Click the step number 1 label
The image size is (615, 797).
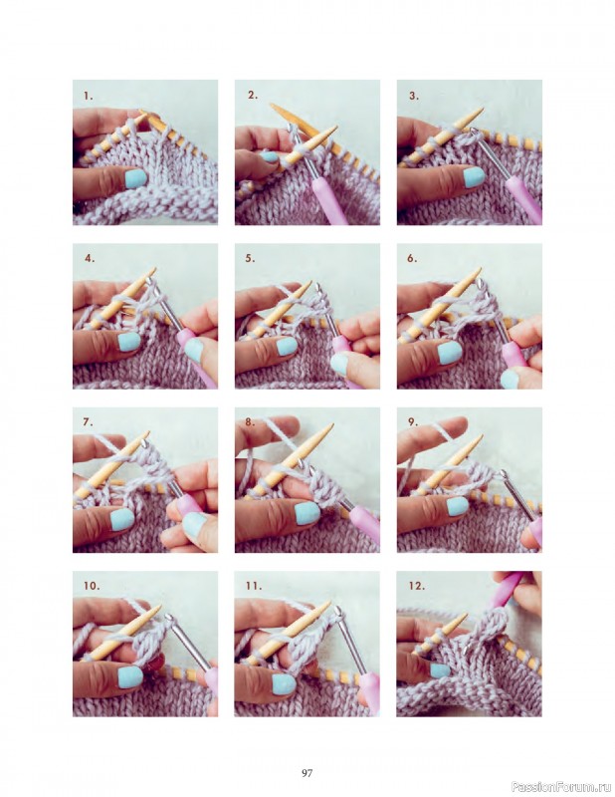click(x=89, y=96)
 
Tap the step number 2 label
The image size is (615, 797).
click(x=253, y=96)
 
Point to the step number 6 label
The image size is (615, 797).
click(x=412, y=258)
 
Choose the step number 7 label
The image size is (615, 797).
click(x=90, y=422)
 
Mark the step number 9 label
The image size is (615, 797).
click(x=412, y=422)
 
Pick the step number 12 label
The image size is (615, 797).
click(x=416, y=587)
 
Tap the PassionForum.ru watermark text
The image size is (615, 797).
click(x=560, y=786)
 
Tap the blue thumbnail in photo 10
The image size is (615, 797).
click(x=130, y=676)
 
